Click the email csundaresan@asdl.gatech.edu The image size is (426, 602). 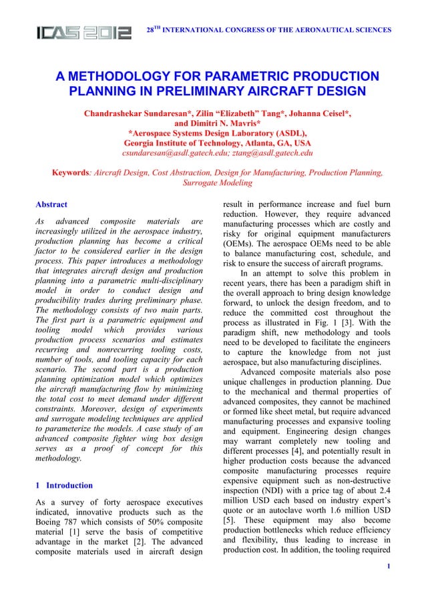[178, 153]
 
